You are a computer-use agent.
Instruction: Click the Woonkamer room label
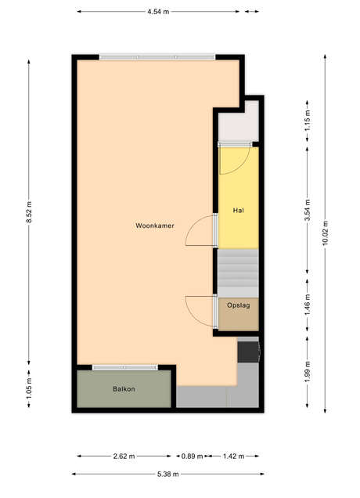pos(155,226)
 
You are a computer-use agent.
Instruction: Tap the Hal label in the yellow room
pos(239,211)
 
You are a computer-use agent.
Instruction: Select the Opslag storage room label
pos(238,305)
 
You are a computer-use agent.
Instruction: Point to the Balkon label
pos(124,389)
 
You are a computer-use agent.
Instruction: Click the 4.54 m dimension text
pos(158,12)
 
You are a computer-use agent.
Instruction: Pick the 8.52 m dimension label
pos(29,211)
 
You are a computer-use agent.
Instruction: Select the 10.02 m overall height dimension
pos(325,233)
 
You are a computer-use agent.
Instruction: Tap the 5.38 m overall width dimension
pos(168,475)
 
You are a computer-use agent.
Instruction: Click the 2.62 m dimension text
pos(124,456)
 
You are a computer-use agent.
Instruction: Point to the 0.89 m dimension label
pos(192,456)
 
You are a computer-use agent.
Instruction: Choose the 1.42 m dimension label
pos(234,456)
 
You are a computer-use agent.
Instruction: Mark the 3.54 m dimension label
pos(308,211)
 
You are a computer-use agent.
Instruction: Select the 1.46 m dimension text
pos(308,305)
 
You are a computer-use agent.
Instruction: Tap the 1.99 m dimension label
pos(308,372)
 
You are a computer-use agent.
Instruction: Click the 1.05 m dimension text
pos(29,388)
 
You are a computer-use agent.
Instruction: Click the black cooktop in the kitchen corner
pos(248,352)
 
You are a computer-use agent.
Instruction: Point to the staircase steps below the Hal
pos(238,272)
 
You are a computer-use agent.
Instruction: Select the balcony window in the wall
pos(125,367)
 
